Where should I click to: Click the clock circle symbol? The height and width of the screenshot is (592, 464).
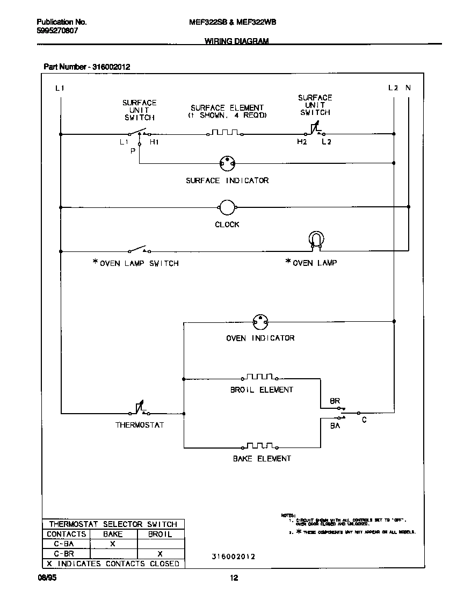227,207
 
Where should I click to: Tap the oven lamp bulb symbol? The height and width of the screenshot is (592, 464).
316,241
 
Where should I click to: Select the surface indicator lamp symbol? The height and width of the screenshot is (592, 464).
228,163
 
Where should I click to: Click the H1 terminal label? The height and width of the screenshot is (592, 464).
154,142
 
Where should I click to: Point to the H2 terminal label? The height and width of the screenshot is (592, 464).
302,142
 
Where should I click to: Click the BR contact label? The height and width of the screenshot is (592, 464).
335,401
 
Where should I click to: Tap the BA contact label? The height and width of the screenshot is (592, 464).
335,425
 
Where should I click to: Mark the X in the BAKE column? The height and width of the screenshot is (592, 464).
113,544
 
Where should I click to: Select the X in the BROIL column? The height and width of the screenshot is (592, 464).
160,553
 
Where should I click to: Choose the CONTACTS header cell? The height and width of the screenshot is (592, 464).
66,534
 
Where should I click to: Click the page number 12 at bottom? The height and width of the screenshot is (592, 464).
234,579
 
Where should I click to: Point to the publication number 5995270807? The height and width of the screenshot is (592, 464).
57,31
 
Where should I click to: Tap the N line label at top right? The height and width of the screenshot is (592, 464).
408,88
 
